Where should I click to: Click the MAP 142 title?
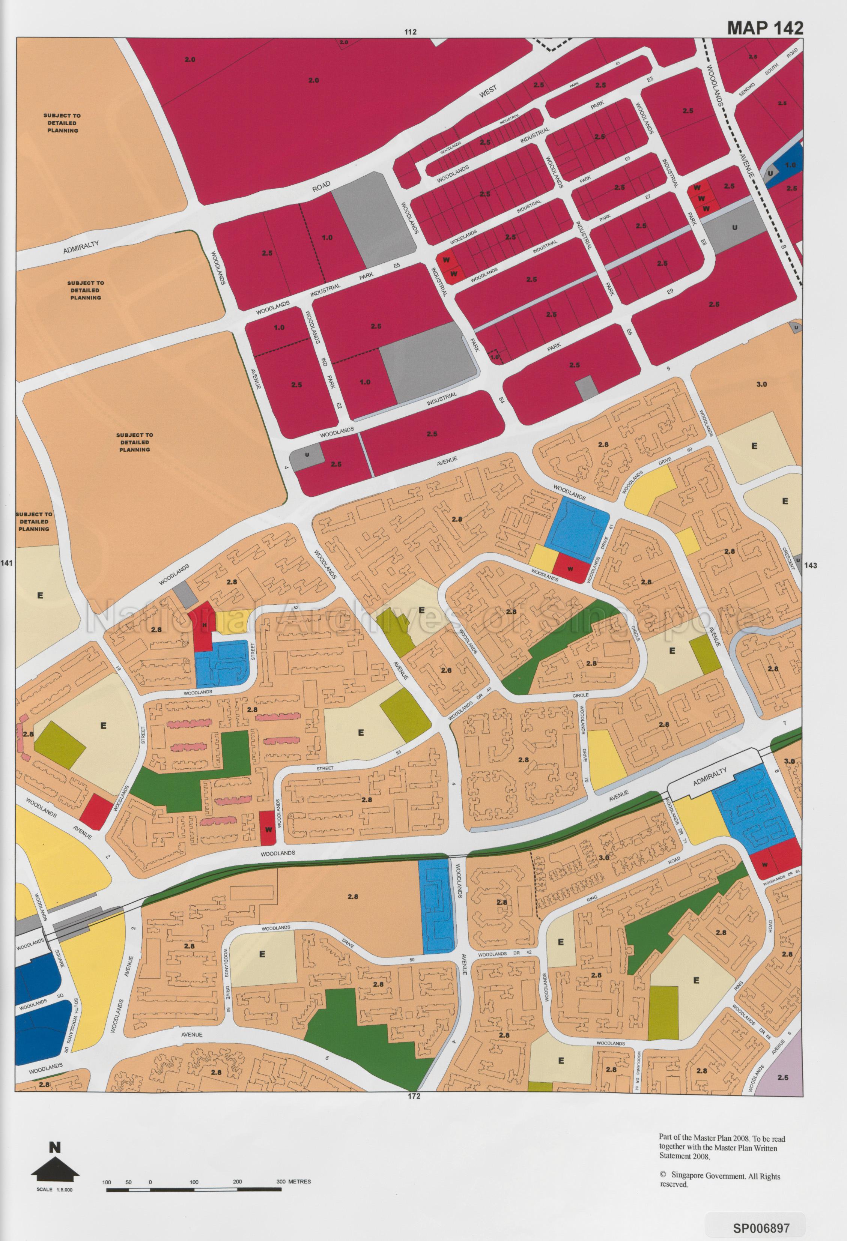click(x=765, y=28)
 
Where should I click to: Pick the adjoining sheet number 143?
click(x=810, y=565)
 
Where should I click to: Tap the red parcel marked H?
click(x=203, y=625)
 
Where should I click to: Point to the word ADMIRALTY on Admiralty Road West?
click(x=81, y=247)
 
